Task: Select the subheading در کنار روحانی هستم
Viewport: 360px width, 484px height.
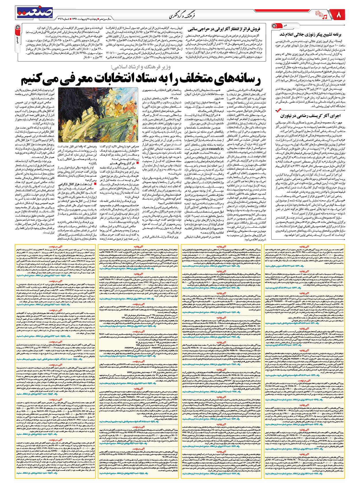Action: [x=127, y=163]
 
